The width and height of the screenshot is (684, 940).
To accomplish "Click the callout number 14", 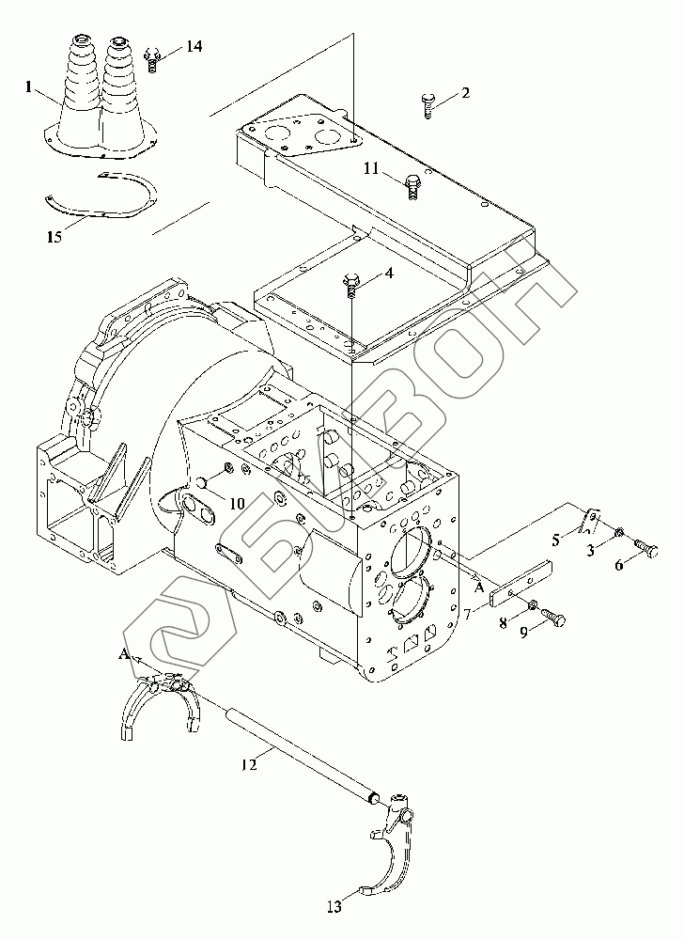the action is pos(194,46).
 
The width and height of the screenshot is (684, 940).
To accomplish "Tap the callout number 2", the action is pos(465,93).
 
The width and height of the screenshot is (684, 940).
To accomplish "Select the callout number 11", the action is pos(372,168).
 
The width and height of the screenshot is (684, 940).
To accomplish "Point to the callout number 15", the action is pos(54,237).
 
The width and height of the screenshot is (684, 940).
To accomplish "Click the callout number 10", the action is pos(237,503).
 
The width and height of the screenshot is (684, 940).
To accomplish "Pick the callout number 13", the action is pos(334,906).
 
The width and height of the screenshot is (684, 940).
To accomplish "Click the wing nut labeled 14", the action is pos(153,60).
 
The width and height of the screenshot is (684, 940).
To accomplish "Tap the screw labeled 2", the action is pos(427,105).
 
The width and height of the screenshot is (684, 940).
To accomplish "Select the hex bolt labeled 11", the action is pos(412,186).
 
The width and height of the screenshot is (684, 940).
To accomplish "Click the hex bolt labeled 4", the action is pos(351,284).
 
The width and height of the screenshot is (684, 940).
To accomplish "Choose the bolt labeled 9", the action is pos(554,619).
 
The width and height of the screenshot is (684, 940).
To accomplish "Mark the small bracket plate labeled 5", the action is pos(590,521).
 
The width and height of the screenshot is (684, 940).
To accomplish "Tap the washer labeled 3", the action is pos(620,531).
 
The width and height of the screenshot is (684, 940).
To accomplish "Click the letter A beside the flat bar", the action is pos(479,588).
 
